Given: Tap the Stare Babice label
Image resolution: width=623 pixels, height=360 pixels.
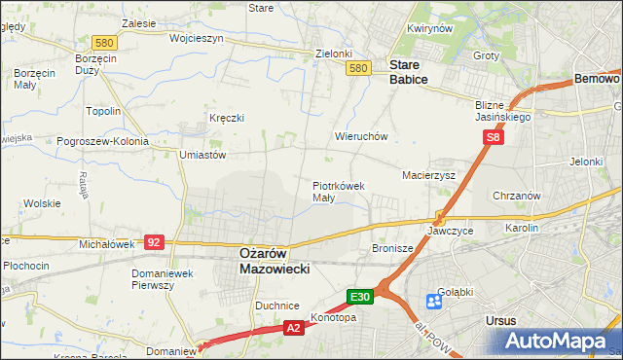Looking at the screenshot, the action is [x=409, y=72].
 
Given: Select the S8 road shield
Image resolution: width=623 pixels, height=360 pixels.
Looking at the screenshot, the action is [x=495, y=139].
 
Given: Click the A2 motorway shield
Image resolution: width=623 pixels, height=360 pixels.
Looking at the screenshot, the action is [x=293, y=330].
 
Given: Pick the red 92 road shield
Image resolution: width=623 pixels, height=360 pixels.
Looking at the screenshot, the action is [x=154, y=240].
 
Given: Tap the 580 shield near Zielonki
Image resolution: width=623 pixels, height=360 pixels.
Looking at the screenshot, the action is [x=358, y=67].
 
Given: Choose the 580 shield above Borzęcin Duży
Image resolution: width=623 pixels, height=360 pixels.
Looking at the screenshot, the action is [x=105, y=42].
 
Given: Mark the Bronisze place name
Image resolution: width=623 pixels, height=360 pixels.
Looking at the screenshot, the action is [x=393, y=248].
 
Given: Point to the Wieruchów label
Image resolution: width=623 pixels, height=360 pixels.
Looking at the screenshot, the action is [x=361, y=136].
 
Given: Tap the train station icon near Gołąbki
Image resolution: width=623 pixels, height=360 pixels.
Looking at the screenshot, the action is [x=434, y=301].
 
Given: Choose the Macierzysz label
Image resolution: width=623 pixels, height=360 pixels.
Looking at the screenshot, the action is [x=429, y=175].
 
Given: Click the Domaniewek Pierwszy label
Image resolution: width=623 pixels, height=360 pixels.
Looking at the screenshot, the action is [x=166, y=279].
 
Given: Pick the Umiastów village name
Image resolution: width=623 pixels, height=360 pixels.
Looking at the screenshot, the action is [x=202, y=154].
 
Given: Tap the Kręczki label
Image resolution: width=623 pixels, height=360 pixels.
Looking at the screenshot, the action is [x=226, y=118].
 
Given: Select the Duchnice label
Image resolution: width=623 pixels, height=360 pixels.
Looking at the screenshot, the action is [x=276, y=305].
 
